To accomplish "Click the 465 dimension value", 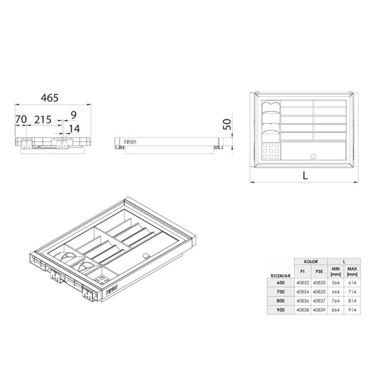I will [x=49, y=98].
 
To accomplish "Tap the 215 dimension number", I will [x=42, y=119].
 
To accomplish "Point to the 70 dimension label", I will [x=21, y=119].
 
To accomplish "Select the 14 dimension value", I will [x=74, y=129].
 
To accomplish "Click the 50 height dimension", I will [x=227, y=124].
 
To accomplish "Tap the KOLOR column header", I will [x=311, y=262].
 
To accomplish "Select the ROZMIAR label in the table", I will [x=280, y=276].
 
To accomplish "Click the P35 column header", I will [x=319, y=271].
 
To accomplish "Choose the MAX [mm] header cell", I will [x=352, y=271].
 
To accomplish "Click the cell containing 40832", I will [x=302, y=283].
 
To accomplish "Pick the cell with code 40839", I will [x=319, y=309].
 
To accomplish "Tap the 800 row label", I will [x=280, y=300].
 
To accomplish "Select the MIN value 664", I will [x=335, y=292].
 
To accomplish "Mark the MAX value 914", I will [x=352, y=309].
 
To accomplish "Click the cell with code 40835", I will [x=319, y=292].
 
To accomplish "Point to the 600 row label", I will [x=280, y=283].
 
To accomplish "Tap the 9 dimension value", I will [x=74, y=115].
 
